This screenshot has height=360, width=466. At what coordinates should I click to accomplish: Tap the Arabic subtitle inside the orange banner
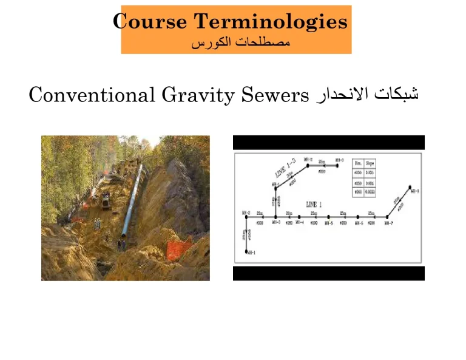click(x=240, y=44)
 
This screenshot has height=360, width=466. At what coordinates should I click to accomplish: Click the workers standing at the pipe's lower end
click(x=121, y=244)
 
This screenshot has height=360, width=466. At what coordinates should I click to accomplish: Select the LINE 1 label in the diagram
click(x=314, y=203)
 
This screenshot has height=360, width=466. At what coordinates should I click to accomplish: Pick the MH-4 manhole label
click(x=299, y=222)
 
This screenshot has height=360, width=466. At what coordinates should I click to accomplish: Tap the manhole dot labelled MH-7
click(x=388, y=216)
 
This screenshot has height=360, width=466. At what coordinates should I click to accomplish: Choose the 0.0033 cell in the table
click(x=370, y=191)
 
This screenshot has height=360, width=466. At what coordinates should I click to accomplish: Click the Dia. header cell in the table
click(x=358, y=163)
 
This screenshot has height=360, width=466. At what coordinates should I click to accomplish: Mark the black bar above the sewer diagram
click(x=328, y=143)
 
